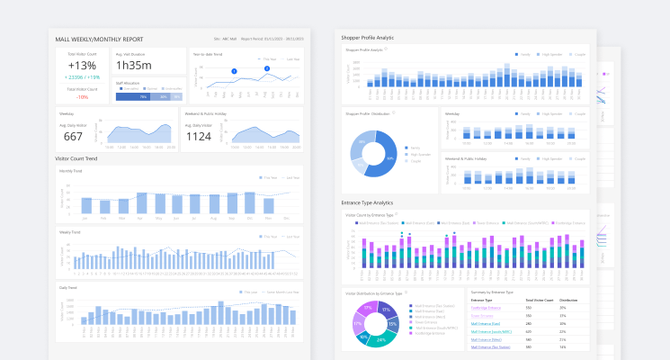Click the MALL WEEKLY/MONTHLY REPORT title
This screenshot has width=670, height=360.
[99, 40]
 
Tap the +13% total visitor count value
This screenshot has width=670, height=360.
[82, 65]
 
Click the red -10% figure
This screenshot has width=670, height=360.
[82, 96]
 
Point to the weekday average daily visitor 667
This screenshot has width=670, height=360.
[73, 137]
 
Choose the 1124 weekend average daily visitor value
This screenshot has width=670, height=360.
[197, 137]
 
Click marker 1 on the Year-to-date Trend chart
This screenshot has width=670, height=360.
[234, 71]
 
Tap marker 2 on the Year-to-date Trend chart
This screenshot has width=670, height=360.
[267, 68]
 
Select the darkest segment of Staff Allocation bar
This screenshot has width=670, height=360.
[131, 96]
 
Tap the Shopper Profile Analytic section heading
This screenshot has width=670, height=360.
[368, 38]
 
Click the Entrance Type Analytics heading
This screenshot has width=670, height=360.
[368, 202]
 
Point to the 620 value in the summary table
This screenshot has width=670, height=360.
[528, 331]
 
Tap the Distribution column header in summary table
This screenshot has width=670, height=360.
[567, 300]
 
